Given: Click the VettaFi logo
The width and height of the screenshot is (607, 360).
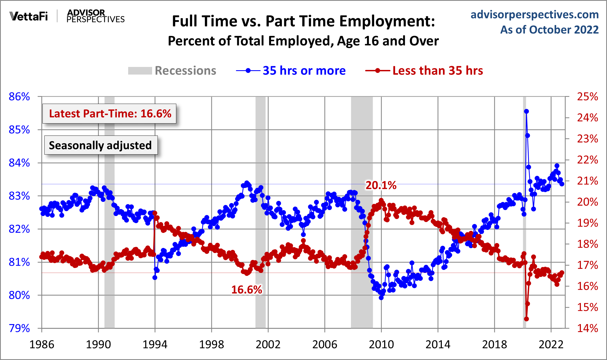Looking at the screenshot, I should (29, 16).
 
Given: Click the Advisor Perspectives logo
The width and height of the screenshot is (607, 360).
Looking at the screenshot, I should (95, 16).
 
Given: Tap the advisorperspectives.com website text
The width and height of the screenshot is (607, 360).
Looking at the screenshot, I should (534, 14).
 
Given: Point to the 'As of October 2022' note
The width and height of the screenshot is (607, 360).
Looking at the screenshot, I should (549, 30).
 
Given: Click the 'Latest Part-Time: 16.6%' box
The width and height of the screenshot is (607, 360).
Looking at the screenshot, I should (110, 113).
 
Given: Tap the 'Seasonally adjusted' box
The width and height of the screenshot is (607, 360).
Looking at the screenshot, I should (100, 145).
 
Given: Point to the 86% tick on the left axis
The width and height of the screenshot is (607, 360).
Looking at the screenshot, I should (19, 97).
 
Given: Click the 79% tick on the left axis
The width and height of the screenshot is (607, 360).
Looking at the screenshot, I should (19, 328).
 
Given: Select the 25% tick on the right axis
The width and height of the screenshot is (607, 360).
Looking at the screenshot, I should (587, 97).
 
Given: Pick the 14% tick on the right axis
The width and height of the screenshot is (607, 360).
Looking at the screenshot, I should (587, 328).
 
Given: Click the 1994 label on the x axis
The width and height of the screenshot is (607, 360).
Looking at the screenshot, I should (155, 344).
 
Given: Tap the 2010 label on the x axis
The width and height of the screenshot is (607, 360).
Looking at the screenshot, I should (381, 344).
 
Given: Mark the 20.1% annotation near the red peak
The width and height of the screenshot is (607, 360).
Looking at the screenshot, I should (381, 185).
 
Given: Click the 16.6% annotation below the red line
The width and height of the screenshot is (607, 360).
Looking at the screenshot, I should (247, 290).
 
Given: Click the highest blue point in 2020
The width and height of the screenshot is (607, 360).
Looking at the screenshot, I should (526, 111).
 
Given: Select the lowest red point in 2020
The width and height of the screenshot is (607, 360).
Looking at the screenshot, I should (526, 319).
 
